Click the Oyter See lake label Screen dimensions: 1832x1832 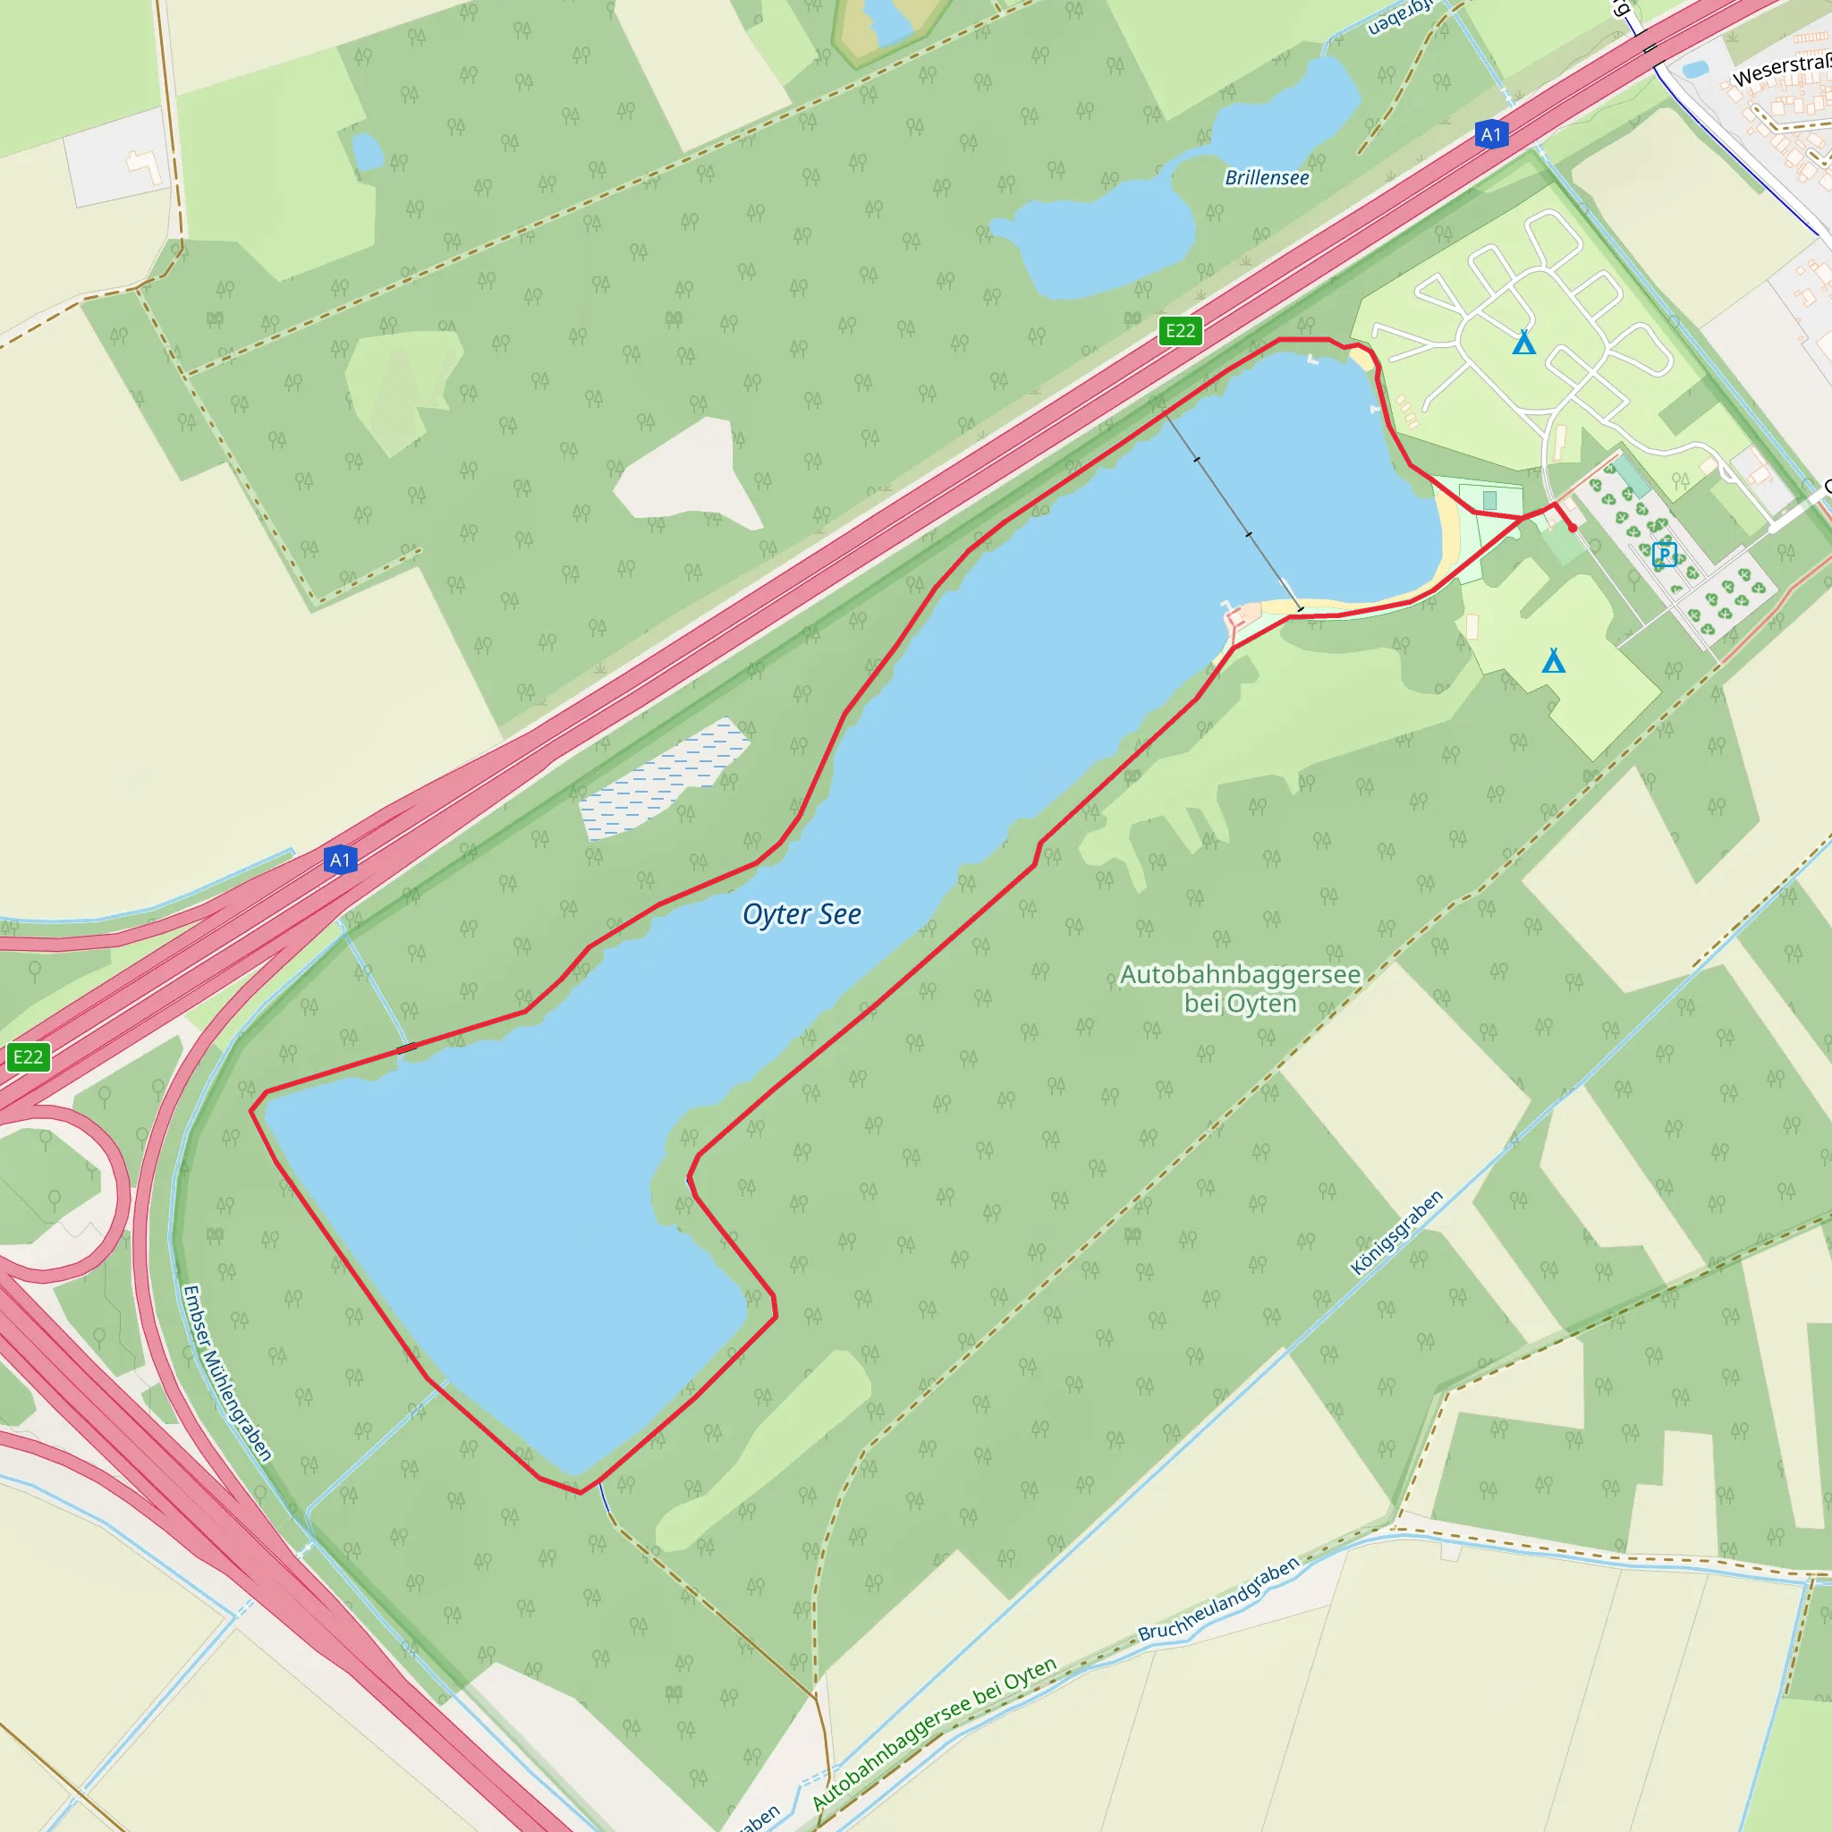[x=801, y=914]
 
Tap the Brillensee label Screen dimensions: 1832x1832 [x=1266, y=177]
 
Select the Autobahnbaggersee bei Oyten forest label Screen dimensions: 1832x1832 [x=1239, y=988]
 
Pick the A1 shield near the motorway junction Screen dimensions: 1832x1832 [x=339, y=860]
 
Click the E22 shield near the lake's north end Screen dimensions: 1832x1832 [x=1180, y=330]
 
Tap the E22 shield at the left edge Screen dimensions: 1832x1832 [x=28, y=1056]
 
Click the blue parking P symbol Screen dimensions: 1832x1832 [x=1664, y=555]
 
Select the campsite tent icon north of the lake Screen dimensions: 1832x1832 [x=1523, y=342]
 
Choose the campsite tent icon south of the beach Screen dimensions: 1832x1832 [x=1553, y=660]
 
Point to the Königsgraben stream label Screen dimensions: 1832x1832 [x=1395, y=1232]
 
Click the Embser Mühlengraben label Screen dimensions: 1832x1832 [x=226, y=1373]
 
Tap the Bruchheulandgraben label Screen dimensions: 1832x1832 [x=1217, y=1599]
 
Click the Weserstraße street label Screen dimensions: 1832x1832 [x=1781, y=70]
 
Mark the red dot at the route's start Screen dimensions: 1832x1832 [x=1573, y=527]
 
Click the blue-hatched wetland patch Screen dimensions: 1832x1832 [x=664, y=779]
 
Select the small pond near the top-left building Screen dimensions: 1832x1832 [x=366, y=151]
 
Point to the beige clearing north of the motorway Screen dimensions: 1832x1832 [x=689, y=474]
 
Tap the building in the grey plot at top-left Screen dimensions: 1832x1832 [x=144, y=169]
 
